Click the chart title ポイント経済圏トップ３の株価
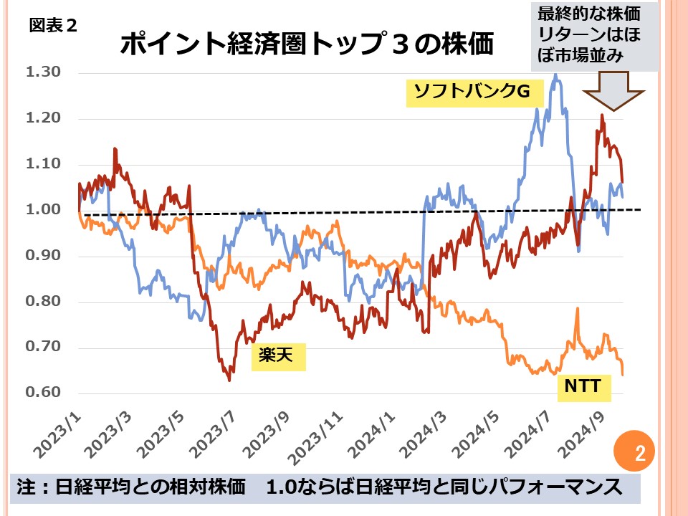tap(306, 44)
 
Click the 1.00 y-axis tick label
tap(44, 210)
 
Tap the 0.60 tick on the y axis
tap(44, 393)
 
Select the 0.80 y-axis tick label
tap(44, 302)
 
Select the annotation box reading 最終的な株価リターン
tap(594, 37)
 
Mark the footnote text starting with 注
tap(318, 487)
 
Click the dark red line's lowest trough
tap(229, 380)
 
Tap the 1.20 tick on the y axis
tap(44, 118)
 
